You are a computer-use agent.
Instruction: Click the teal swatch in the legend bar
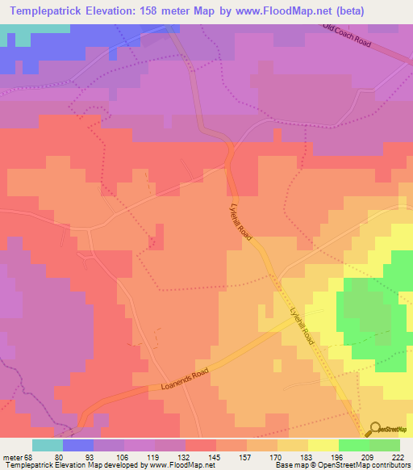point(48,445)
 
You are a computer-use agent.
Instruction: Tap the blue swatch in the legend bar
point(78,445)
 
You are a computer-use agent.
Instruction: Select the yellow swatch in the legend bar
point(323,445)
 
